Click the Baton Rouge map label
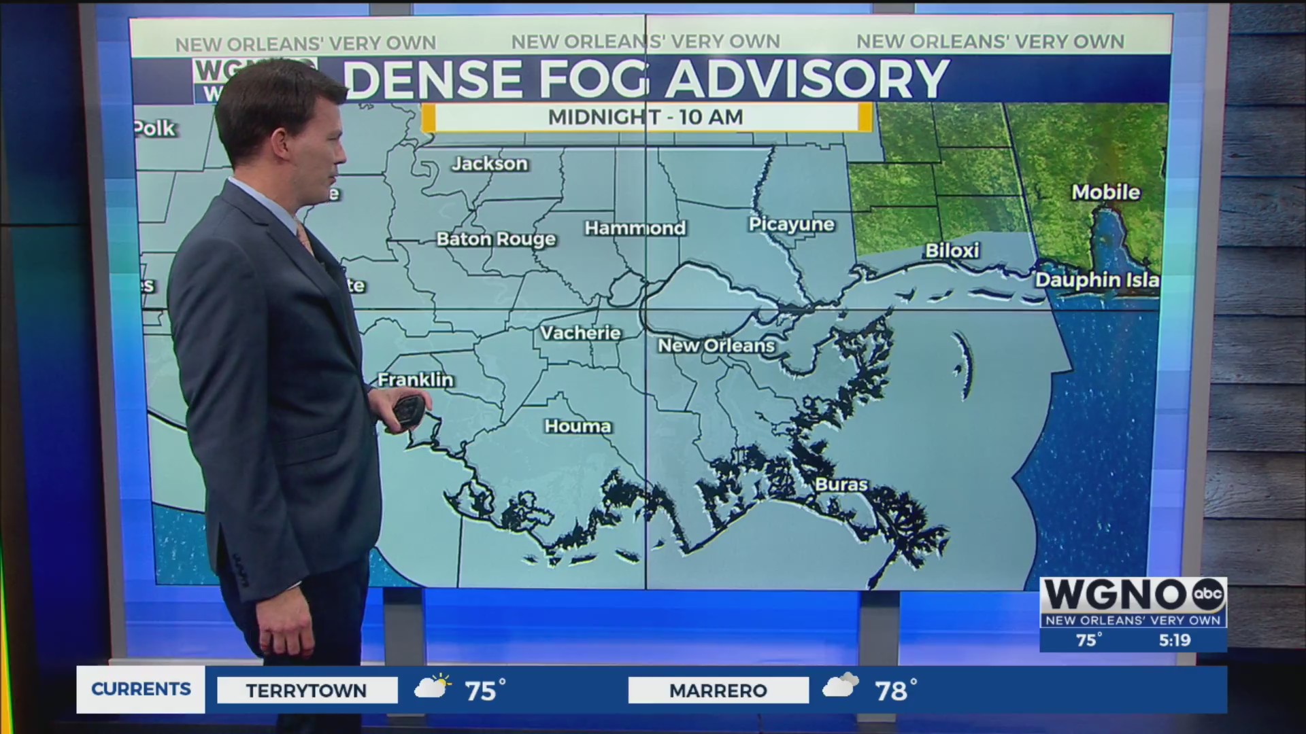pyautogui.click(x=496, y=239)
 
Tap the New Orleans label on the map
pyautogui.click(x=716, y=346)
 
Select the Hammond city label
pyautogui.click(x=635, y=228)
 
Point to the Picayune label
pyautogui.click(x=791, y=224)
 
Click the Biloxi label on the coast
pyautogui.click(x=952, y=251)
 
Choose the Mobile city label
pyautogui.click(x=1105, y=192)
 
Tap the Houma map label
pyautogui.click(x=578, y=426)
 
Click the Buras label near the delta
pyautogui.click(x=841, y=485)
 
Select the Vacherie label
pyautogui.click(x=580, y=333)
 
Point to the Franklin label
pyautogui.click(x=415, y=380)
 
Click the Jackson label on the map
pyautogui.click(x=490, y=164)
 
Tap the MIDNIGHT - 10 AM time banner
pyautogui.click(x=646, y=117)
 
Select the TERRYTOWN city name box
pyautogui.click(x=307, y=691)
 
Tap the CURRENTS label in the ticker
pyautogui.click(x=141, y=689)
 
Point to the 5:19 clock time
pyautogui.click(x=1175, y=640)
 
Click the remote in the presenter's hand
pyautogui.click(x=409, y=412)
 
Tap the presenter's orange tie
pyautogui.click(x=304, y=239)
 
